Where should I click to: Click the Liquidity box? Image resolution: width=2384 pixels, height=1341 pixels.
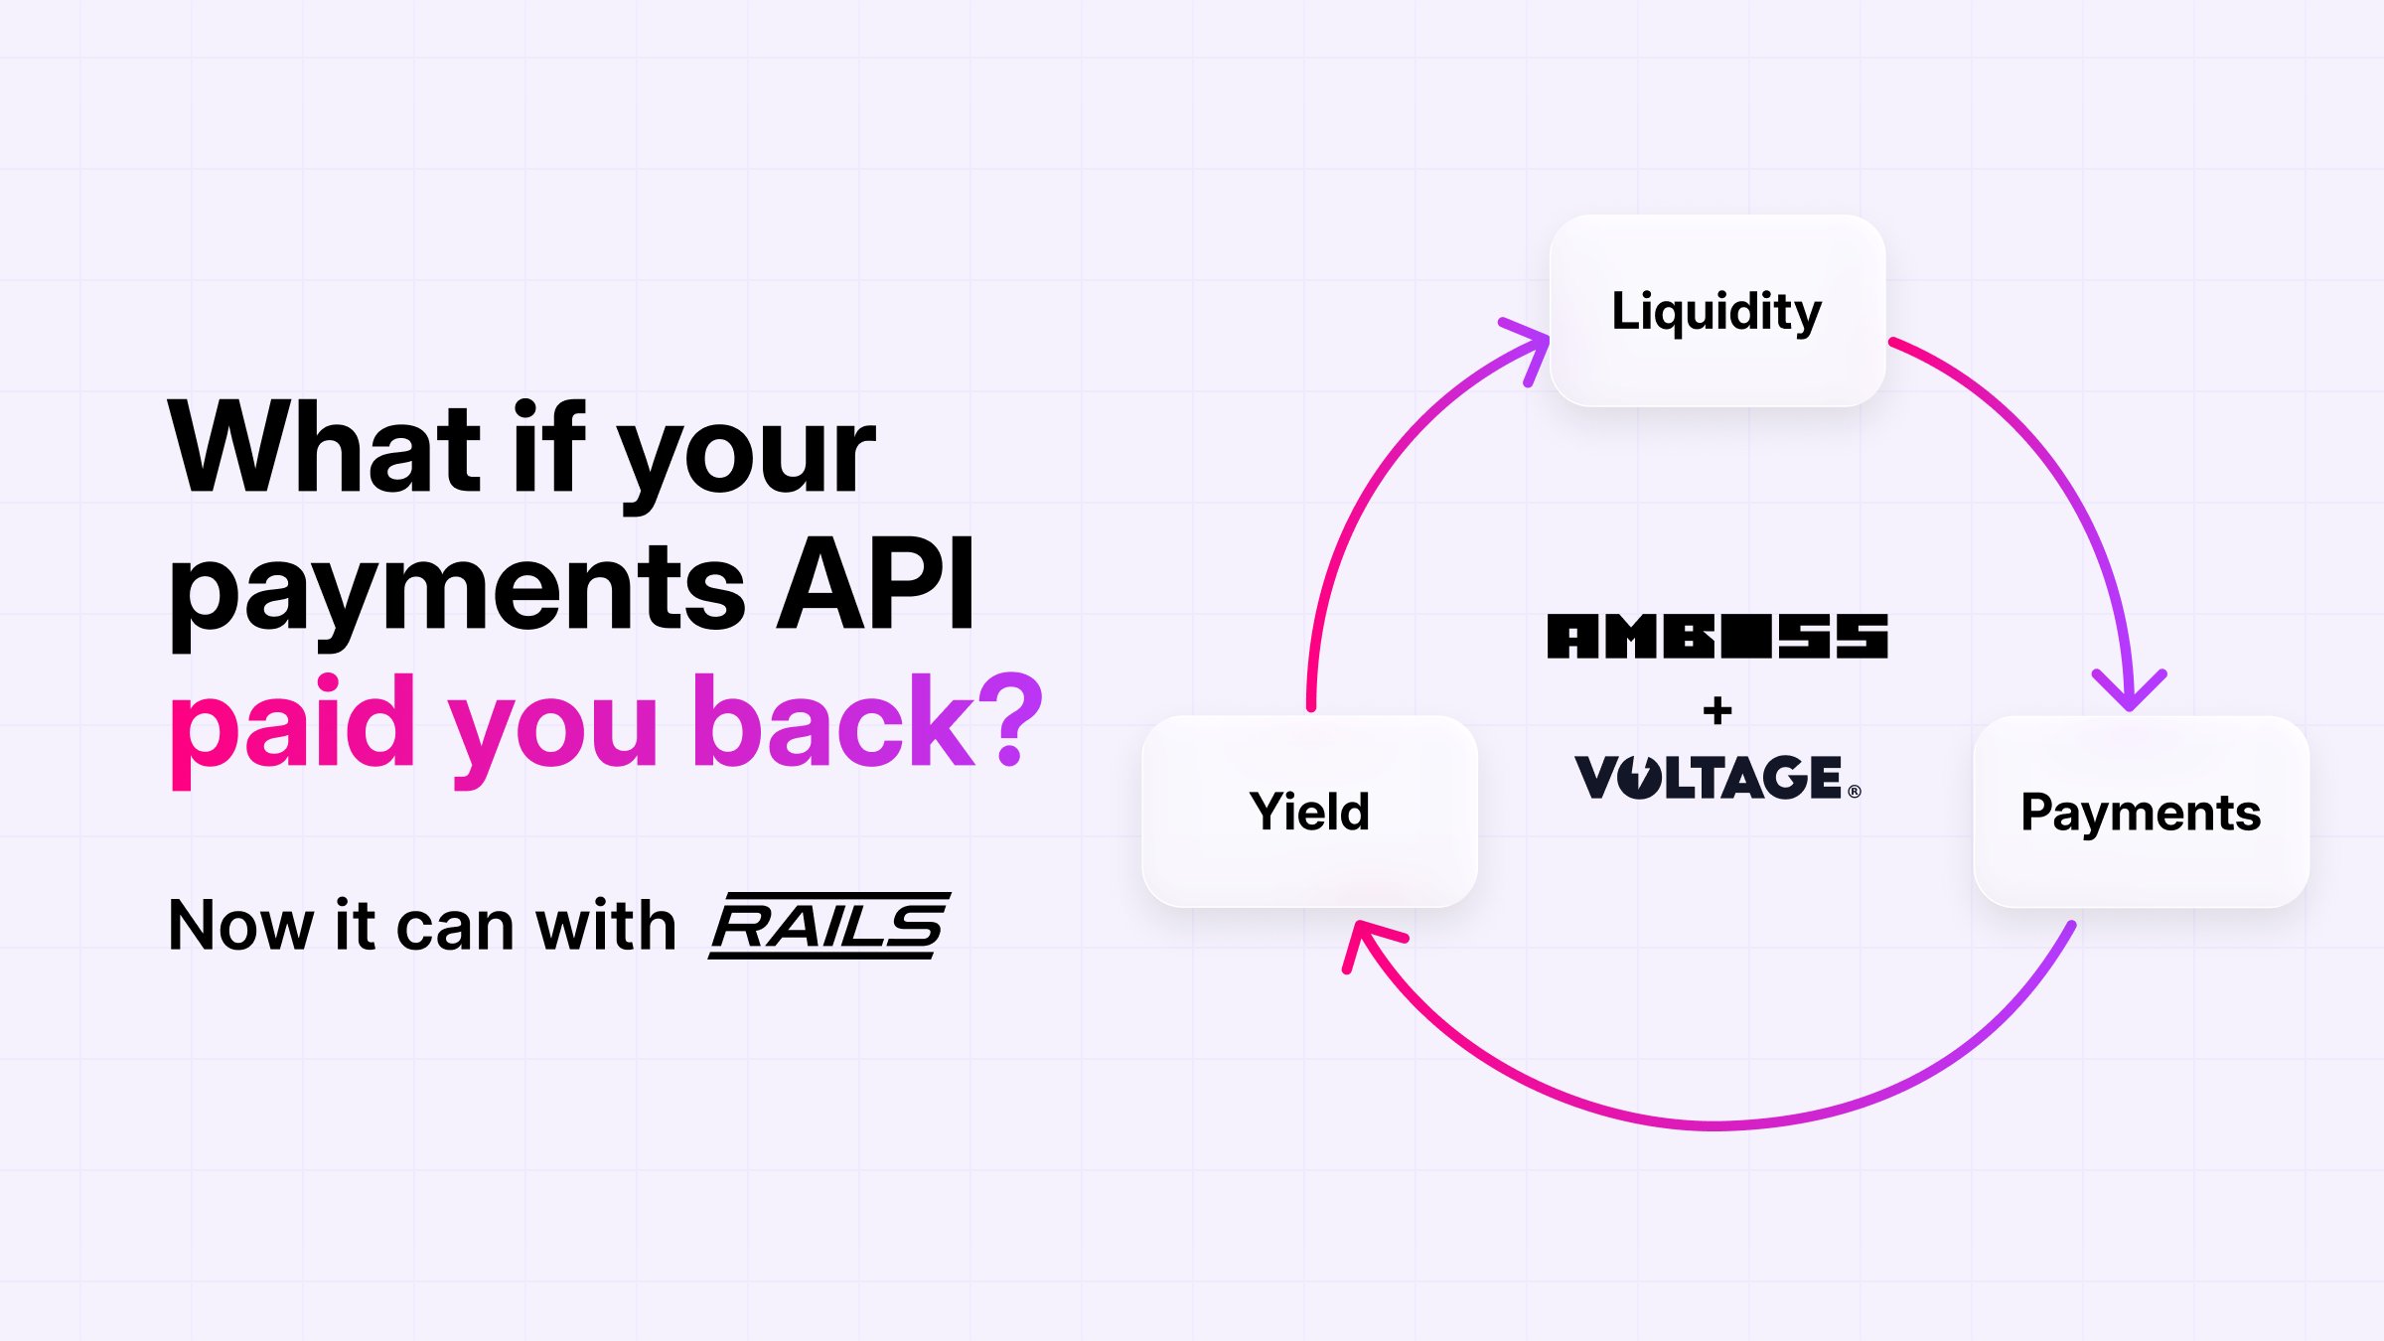1716,311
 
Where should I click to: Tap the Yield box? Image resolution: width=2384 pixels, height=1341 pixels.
1309,811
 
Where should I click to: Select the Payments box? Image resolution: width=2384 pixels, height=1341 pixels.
2141,812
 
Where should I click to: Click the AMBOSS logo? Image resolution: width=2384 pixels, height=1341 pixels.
1716,636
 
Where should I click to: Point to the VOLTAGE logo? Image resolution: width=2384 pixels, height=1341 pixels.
1709,777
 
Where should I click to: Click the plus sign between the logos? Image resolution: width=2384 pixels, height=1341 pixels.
1716,710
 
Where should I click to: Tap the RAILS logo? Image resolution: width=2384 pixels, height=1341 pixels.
829,925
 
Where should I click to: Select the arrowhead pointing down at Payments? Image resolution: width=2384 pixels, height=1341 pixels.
2129,690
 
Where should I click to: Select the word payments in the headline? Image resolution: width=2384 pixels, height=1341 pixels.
457,591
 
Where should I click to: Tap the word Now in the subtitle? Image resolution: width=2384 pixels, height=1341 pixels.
241,926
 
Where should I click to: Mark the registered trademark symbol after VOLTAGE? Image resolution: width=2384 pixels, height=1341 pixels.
1854,792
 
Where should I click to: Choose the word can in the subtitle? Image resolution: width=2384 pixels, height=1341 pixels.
456,929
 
